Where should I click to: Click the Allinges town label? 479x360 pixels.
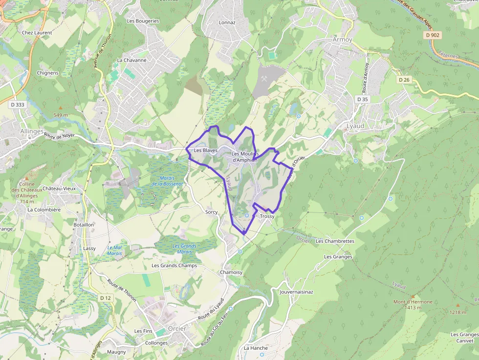[x=32, y=131]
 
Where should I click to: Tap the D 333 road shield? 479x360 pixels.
[x=17, y=105]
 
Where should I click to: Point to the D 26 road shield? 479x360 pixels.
[x=404, y=80]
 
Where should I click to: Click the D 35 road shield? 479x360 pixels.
[x=363, y=99]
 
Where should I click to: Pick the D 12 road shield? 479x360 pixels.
[x=106, y=297]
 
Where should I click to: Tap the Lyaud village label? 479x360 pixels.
[x=355, y=126]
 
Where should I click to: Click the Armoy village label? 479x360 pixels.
[x=342, y=39]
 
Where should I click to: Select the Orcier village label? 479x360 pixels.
[x=177, y=328]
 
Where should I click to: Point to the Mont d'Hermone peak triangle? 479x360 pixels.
[x=413, y=296]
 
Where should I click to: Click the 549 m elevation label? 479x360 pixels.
[x=61, y=115]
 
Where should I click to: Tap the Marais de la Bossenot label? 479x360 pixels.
[x=167, y=181]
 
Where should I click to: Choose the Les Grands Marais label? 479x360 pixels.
[x=184, y=249]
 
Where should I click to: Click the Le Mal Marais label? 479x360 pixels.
[x=114, y=250]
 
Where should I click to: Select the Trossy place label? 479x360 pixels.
[x=267, y=216]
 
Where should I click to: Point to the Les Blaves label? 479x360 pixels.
[x=205, y=150]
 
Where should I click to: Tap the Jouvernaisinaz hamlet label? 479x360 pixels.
[x=296, y=292]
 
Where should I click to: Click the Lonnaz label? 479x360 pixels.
[x=227, y=22]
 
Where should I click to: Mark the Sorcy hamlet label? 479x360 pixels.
[x=211, y=212]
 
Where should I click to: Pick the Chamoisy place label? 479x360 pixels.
[x=231, y=272]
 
